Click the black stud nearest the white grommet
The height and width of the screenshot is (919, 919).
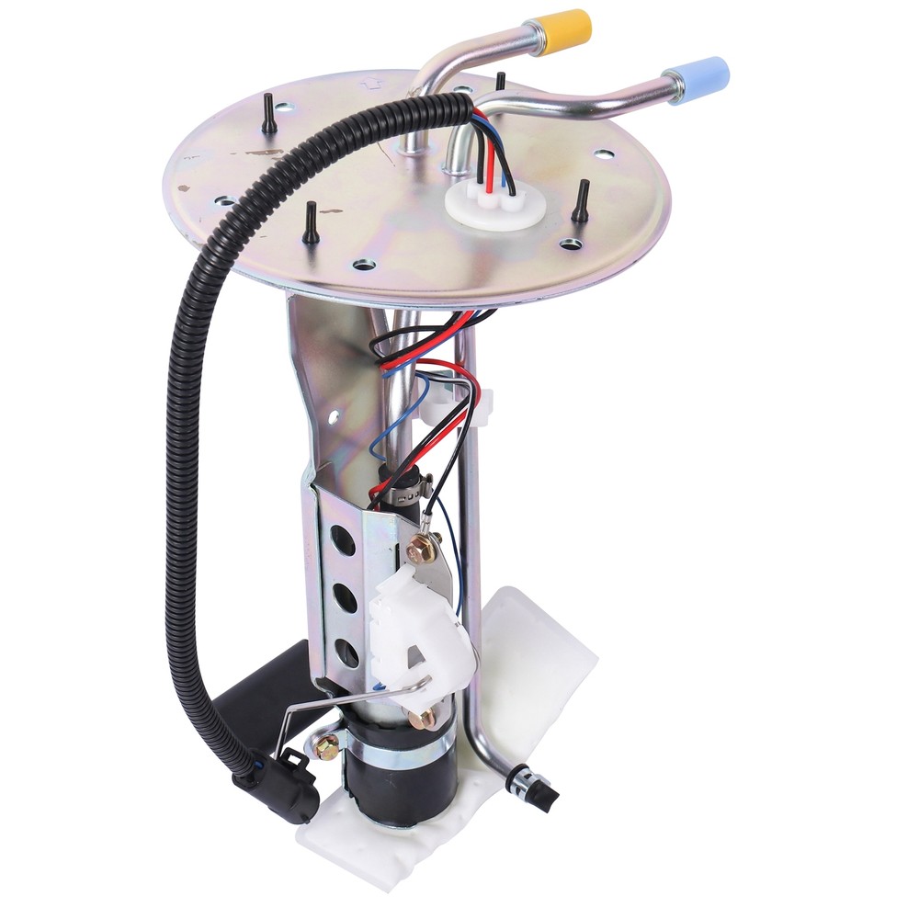tap(581, 202)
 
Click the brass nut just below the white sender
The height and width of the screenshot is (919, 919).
tap(422, 718)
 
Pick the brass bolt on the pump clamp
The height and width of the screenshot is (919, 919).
tap(325, 746)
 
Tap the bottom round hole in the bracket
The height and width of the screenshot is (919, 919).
tap(347, 652)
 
